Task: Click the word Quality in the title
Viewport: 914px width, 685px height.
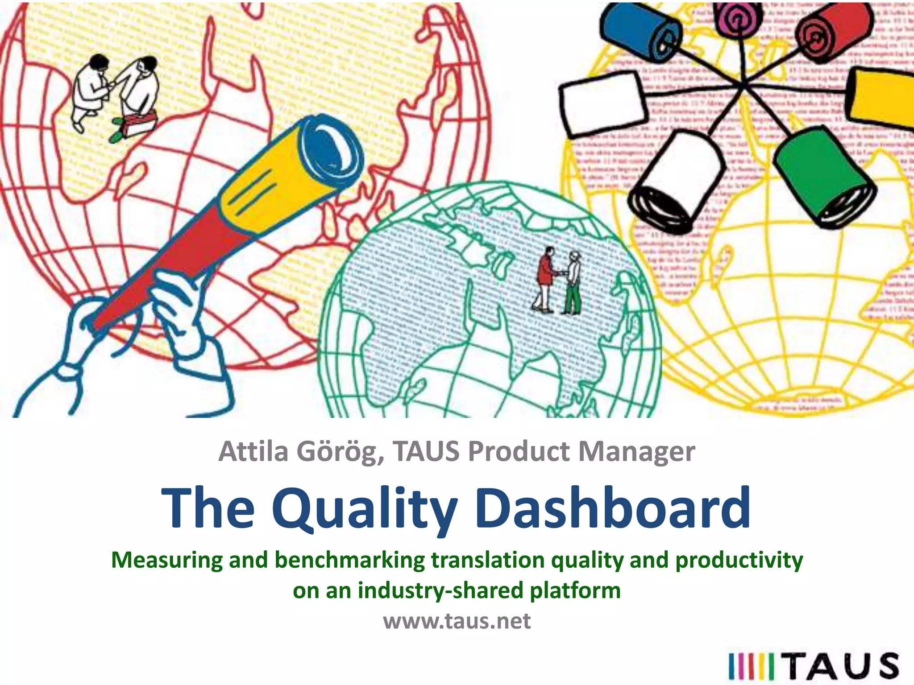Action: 365,509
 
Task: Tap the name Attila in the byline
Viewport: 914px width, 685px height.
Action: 253,451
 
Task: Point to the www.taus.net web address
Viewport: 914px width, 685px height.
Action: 457,621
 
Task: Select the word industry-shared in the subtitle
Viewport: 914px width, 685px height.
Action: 441,590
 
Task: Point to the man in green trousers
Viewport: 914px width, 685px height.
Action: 573,283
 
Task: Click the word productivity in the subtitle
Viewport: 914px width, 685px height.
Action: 739,560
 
